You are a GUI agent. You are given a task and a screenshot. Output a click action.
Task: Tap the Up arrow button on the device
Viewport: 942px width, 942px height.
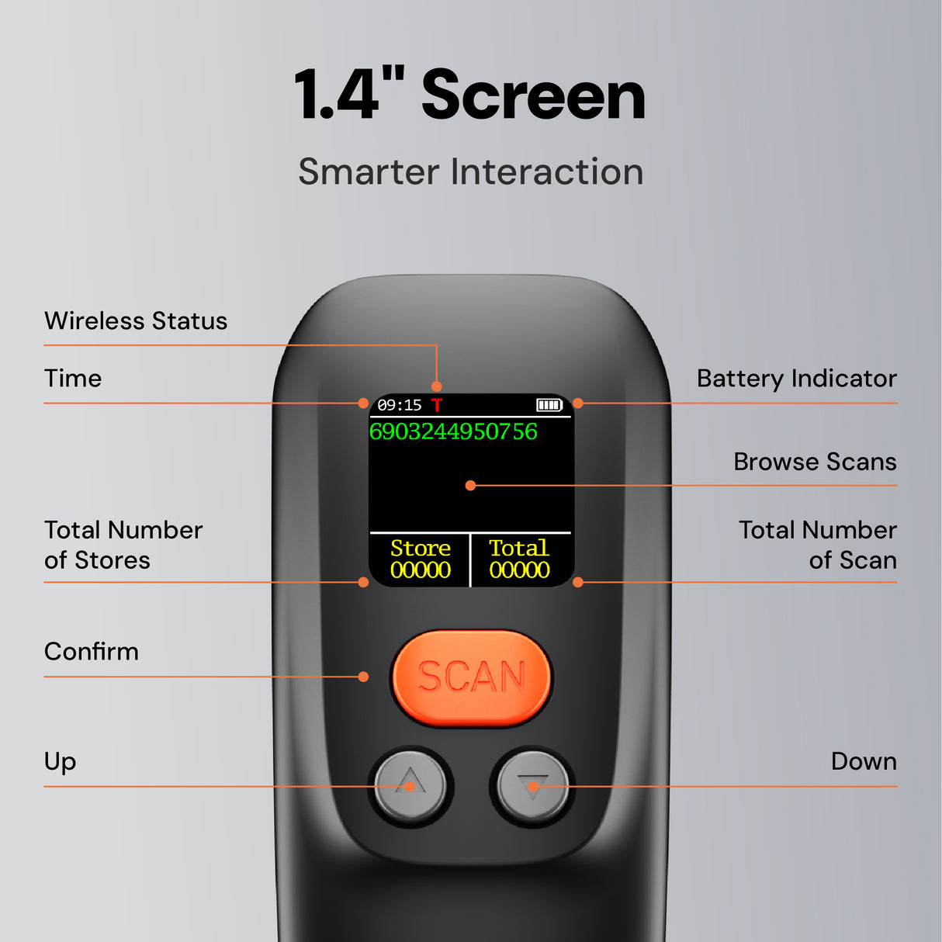(410, 784)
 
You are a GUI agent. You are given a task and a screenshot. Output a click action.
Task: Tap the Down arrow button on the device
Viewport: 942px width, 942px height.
(532, 786)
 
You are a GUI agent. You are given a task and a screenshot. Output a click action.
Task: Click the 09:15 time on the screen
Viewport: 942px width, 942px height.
(399, 405)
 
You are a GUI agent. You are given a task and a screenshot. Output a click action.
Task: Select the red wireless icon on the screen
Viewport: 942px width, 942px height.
(437, 405)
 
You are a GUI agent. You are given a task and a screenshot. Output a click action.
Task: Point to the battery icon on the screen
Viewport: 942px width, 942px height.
(549, 405)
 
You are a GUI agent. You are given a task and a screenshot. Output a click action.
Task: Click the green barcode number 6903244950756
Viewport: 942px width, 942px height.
(453, 431)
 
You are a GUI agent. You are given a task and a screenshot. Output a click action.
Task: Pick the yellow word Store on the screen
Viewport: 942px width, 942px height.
(420, 548)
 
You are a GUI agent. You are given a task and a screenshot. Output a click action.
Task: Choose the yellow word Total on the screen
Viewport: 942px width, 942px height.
(518, 548)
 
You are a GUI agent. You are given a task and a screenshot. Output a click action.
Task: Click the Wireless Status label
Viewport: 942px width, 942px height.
(136, 321)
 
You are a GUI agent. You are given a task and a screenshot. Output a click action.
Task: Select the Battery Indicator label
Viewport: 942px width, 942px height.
(796, 379)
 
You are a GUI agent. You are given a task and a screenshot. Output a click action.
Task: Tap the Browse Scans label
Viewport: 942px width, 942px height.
(815, 462)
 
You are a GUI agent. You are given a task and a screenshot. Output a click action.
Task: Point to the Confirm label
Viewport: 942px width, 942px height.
(92, 652)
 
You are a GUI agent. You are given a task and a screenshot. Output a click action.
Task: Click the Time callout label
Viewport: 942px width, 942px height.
(73, 379)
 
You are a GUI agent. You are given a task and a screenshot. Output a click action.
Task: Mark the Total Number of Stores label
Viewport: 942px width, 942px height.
(123, 545)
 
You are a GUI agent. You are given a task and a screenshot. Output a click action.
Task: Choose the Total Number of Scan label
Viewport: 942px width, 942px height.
(818, 545)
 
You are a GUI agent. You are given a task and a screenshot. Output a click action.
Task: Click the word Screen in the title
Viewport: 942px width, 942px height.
(533, 95)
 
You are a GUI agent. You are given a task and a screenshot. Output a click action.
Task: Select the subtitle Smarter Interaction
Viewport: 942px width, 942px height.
(470, 171)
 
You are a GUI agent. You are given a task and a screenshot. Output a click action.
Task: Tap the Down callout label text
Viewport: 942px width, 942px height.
(863, 761)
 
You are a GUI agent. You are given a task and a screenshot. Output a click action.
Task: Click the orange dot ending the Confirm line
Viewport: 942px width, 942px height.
(363, 677)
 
